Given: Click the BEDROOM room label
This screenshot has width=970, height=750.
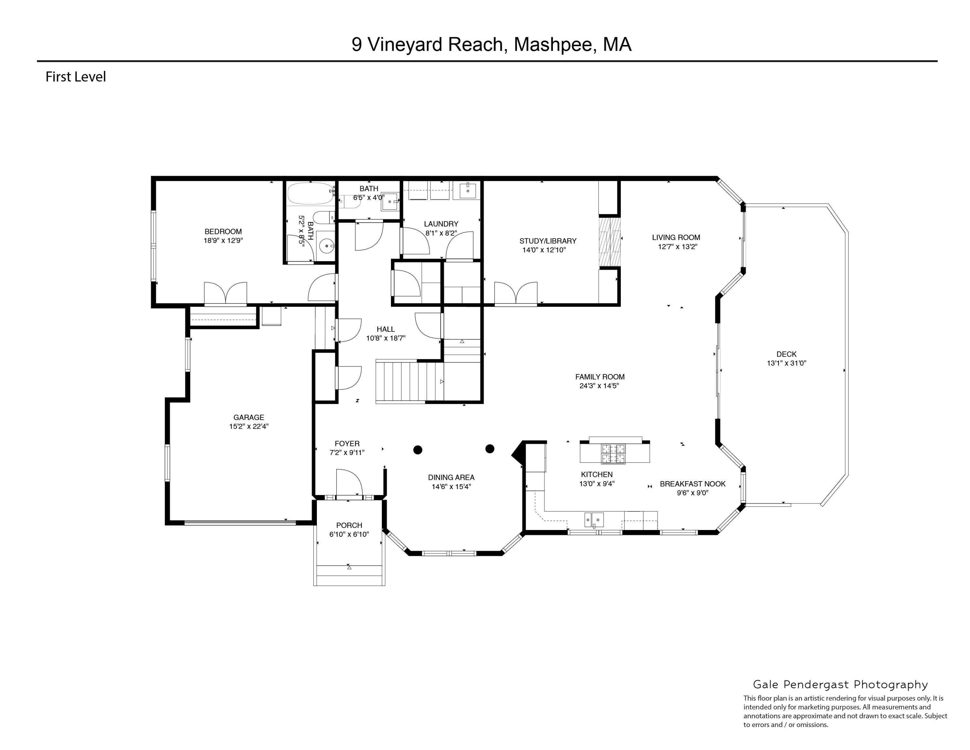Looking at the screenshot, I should [223, 231].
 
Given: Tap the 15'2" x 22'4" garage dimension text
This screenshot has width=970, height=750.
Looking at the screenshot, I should [249, 426].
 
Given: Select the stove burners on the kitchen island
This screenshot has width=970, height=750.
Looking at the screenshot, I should [613, 454].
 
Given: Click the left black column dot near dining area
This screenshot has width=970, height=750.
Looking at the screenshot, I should [417, 450].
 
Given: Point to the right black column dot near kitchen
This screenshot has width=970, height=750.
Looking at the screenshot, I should [490, 449].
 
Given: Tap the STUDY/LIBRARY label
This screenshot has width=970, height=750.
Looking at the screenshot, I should [548, 241].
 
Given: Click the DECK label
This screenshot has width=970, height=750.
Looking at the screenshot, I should [786, 354].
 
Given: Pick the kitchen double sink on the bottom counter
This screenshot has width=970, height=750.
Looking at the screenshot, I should [594, 519].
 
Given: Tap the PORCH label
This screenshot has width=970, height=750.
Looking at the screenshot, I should [349, 525].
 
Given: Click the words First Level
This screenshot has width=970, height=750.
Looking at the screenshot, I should [76, 77].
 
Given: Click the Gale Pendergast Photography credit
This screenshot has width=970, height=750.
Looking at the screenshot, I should [840, 685].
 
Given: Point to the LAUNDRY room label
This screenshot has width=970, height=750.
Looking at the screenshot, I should [441, 224].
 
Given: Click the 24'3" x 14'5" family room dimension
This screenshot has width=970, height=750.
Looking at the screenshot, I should [599, 386].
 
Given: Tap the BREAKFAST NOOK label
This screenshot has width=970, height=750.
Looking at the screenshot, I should [692, 484].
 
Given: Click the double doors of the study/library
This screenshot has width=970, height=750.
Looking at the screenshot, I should [516, 293].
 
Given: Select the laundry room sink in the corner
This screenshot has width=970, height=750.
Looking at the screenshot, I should [467, 190].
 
